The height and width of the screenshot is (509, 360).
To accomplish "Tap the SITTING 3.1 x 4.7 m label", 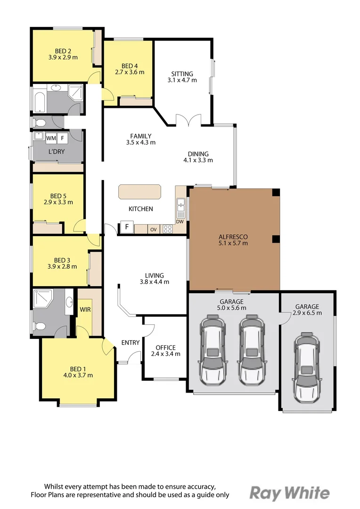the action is click(x=182, y=77).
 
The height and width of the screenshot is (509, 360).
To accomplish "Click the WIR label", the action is click(x=85, y=310).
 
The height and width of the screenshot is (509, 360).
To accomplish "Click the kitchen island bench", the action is click(x=139, y=191).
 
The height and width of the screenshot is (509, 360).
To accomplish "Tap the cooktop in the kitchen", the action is click(x=167, y=229).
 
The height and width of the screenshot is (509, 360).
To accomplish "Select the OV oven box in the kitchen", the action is click(x=154, y=229).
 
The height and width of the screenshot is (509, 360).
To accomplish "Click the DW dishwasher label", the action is click(x=180, y=222).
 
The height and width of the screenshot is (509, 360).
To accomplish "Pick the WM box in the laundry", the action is click(x=51, y=138).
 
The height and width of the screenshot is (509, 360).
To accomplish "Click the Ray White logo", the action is click(x=290, y=493).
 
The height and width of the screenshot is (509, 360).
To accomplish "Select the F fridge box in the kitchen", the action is click(x=127, y=227).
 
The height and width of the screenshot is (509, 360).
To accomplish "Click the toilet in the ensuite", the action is click(x=40, y=326).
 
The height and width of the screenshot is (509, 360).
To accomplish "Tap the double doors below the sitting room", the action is click(x=188, y=120).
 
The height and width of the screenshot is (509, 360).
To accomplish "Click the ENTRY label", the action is click(x=130, y=343).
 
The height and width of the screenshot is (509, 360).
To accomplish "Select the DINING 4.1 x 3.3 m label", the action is click(x=198, y=157).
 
